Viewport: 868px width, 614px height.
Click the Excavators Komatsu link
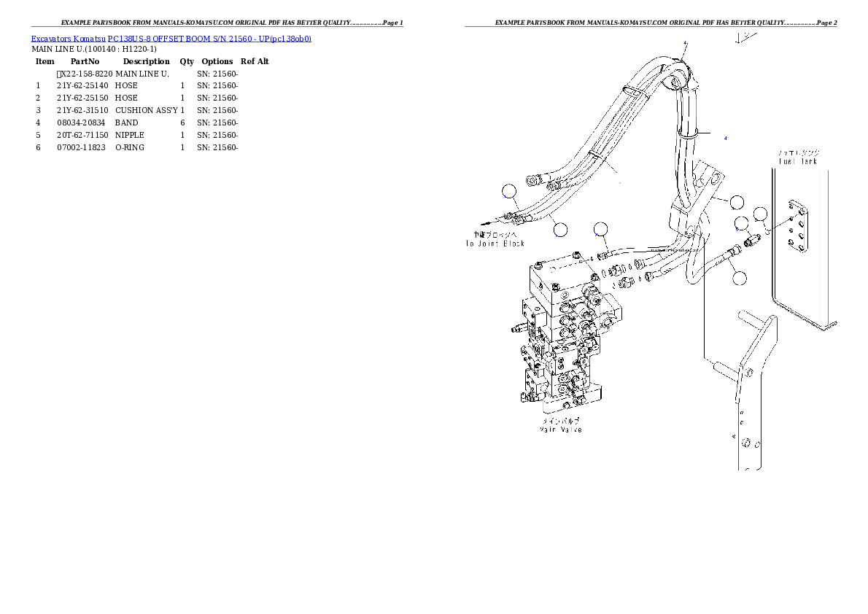[x=69, y=39]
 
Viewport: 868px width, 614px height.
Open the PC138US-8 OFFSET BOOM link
[x=172, y=39]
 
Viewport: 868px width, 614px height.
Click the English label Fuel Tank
[x=799, y=160]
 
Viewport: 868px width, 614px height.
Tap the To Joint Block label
[x=495, y=243]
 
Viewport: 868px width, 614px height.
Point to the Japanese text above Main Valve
[x=560, y=421]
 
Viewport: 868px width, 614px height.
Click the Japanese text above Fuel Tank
[x=799, y=152]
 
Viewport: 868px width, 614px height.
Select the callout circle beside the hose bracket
[x=737, y=201]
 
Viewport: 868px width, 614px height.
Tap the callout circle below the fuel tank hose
[x=740, y=277]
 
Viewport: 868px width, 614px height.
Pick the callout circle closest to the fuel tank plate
[x=761, y=214]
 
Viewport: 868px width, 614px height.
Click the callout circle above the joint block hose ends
[x=509, y=191]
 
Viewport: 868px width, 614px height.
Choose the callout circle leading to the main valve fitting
[x=600, y=229]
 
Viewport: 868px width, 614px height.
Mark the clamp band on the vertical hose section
[x=687, y=133]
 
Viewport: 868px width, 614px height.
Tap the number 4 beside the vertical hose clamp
[x=725, y=137]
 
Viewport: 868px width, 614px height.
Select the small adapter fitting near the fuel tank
[x=753, y=237]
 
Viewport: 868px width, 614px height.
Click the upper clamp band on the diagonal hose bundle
[x=633, y=91]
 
